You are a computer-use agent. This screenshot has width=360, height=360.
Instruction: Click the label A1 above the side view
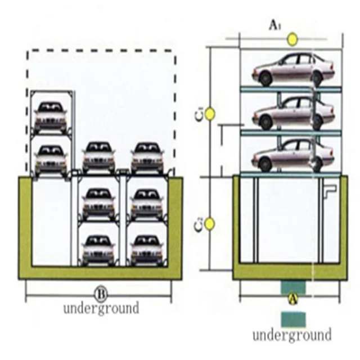point(274,25)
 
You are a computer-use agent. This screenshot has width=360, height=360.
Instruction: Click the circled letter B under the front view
point(100,293)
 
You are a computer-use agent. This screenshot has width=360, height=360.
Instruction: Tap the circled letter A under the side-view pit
point(292,299)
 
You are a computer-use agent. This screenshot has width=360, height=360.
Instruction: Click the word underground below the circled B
point(101,308)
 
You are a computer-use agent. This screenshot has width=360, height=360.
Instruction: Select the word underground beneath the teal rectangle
point(291,335)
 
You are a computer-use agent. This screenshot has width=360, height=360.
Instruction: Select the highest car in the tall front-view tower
point(51,116)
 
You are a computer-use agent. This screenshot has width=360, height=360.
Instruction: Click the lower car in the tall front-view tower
point(51,159)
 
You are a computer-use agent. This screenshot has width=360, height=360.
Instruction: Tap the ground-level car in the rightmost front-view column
point(147,158)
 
